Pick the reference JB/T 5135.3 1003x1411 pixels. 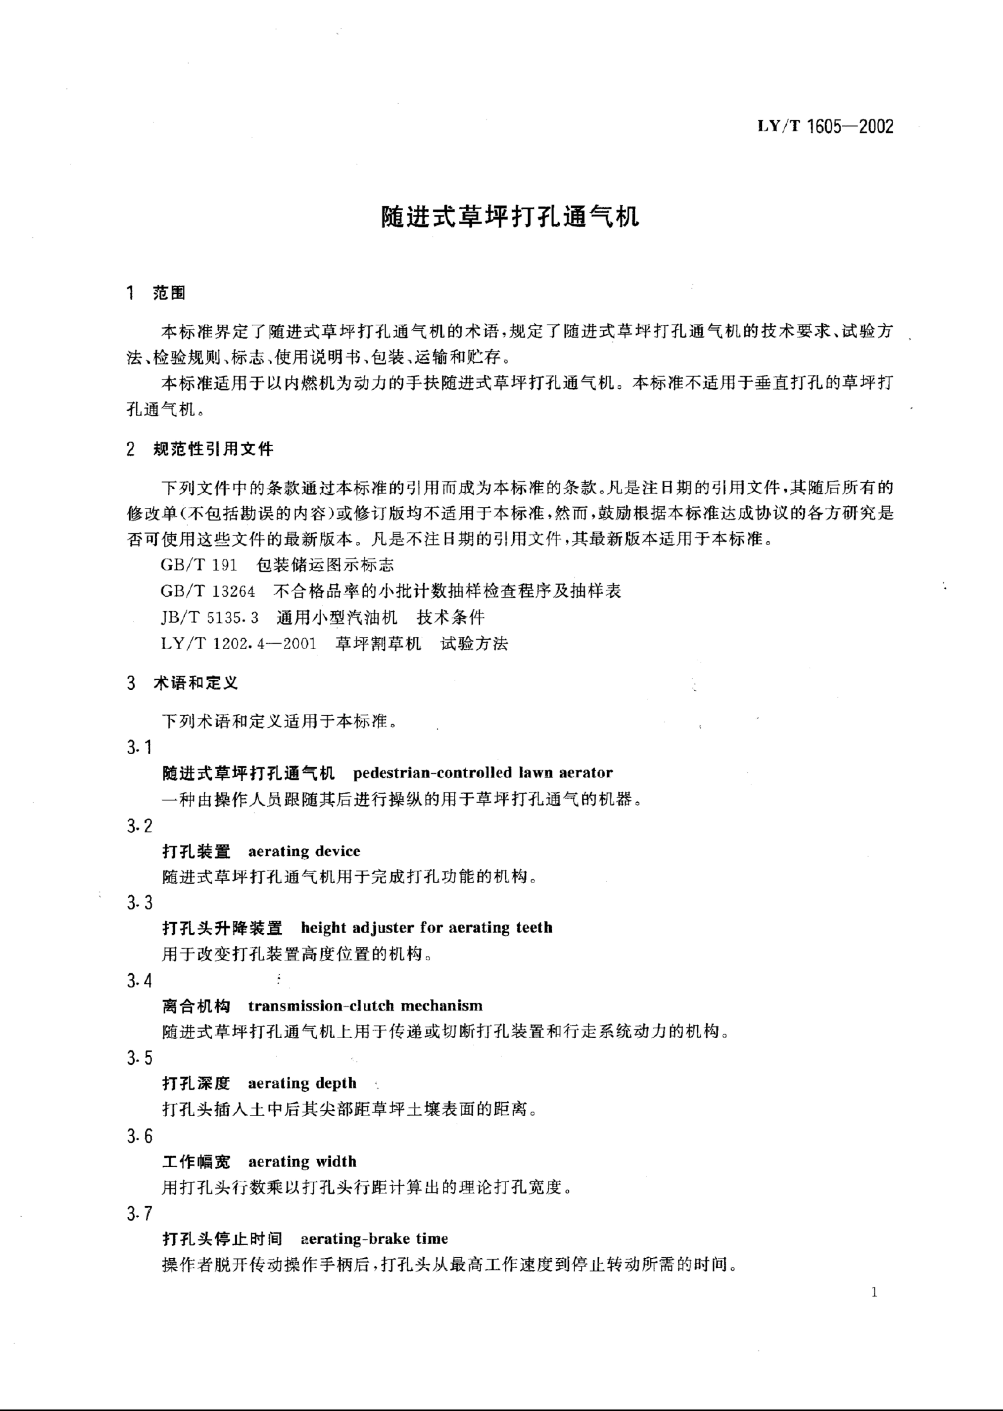pyautogui.click(x=209, y=617)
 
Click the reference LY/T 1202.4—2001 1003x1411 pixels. pyautogui.click(x=238, y=644)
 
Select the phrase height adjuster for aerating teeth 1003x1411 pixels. pyautogui.click(x=426, y=928)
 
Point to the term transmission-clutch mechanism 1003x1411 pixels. pyautogui.click(x=365, y=1005)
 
